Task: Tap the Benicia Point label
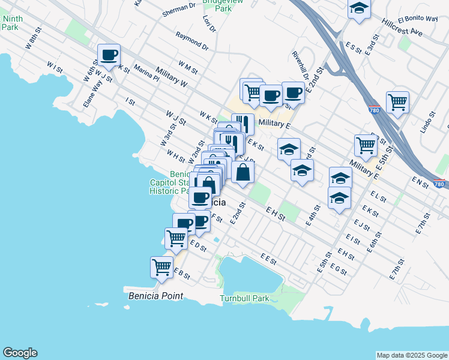155,296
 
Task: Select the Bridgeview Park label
217,5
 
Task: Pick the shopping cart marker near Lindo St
397,103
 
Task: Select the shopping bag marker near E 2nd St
243,173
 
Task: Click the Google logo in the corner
20,353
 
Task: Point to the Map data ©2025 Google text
412,355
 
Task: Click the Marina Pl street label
146,73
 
